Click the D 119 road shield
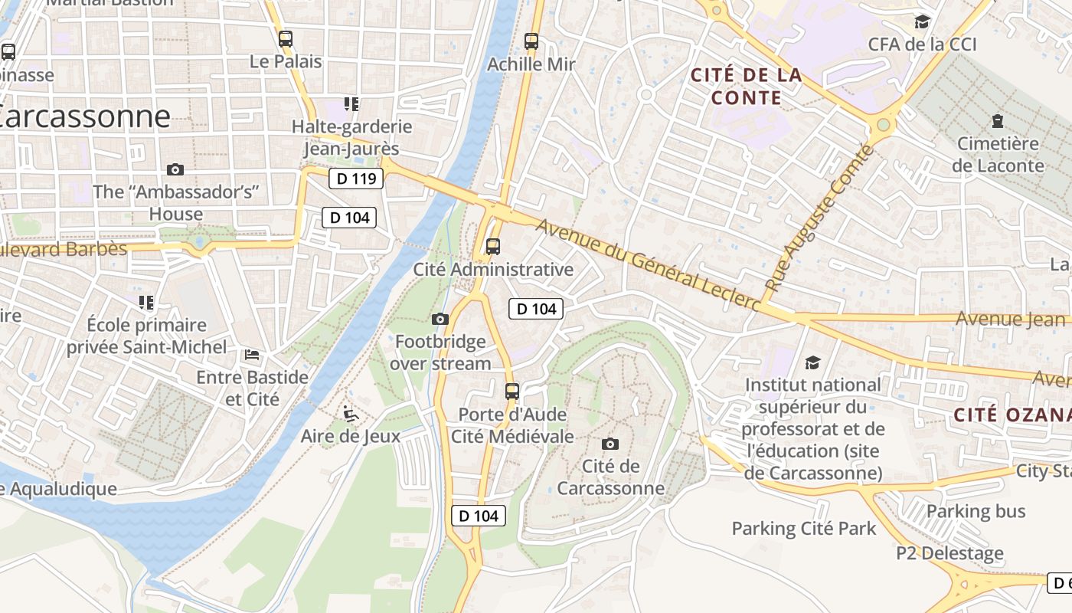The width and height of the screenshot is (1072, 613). [356, 179]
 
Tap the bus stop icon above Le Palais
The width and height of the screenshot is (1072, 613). [286, 38]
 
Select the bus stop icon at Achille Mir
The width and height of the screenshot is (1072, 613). [531, 41]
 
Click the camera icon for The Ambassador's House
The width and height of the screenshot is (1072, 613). [175, 169]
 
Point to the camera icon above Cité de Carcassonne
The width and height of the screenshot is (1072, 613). [610, 444]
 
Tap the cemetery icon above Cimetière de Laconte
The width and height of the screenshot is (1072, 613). [997, 120]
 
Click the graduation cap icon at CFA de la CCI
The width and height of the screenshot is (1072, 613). [922, 21]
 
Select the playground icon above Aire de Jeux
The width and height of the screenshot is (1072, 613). [350, 414]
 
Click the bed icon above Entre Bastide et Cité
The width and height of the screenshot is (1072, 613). [252, 355]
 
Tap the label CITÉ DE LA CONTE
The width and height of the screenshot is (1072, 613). [747, 86]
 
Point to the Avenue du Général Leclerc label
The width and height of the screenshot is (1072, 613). [648, 265]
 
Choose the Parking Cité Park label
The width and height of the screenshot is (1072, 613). [804, 528]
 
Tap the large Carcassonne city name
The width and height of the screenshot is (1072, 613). [84, 116]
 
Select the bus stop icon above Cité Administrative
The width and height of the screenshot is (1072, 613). [493, 247]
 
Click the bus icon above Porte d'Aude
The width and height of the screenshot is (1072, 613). [512, 392]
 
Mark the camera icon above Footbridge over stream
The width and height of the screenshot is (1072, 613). [440, 319]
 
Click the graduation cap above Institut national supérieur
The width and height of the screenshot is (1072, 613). [812, 362]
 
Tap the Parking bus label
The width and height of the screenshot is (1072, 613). [976, 511]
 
